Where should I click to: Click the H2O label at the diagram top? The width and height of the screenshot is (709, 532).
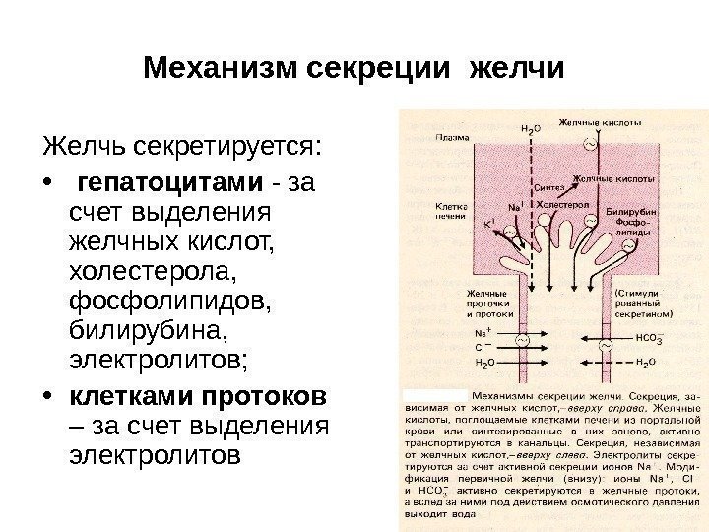click(529, 129)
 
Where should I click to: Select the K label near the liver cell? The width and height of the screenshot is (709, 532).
click(488, 225)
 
